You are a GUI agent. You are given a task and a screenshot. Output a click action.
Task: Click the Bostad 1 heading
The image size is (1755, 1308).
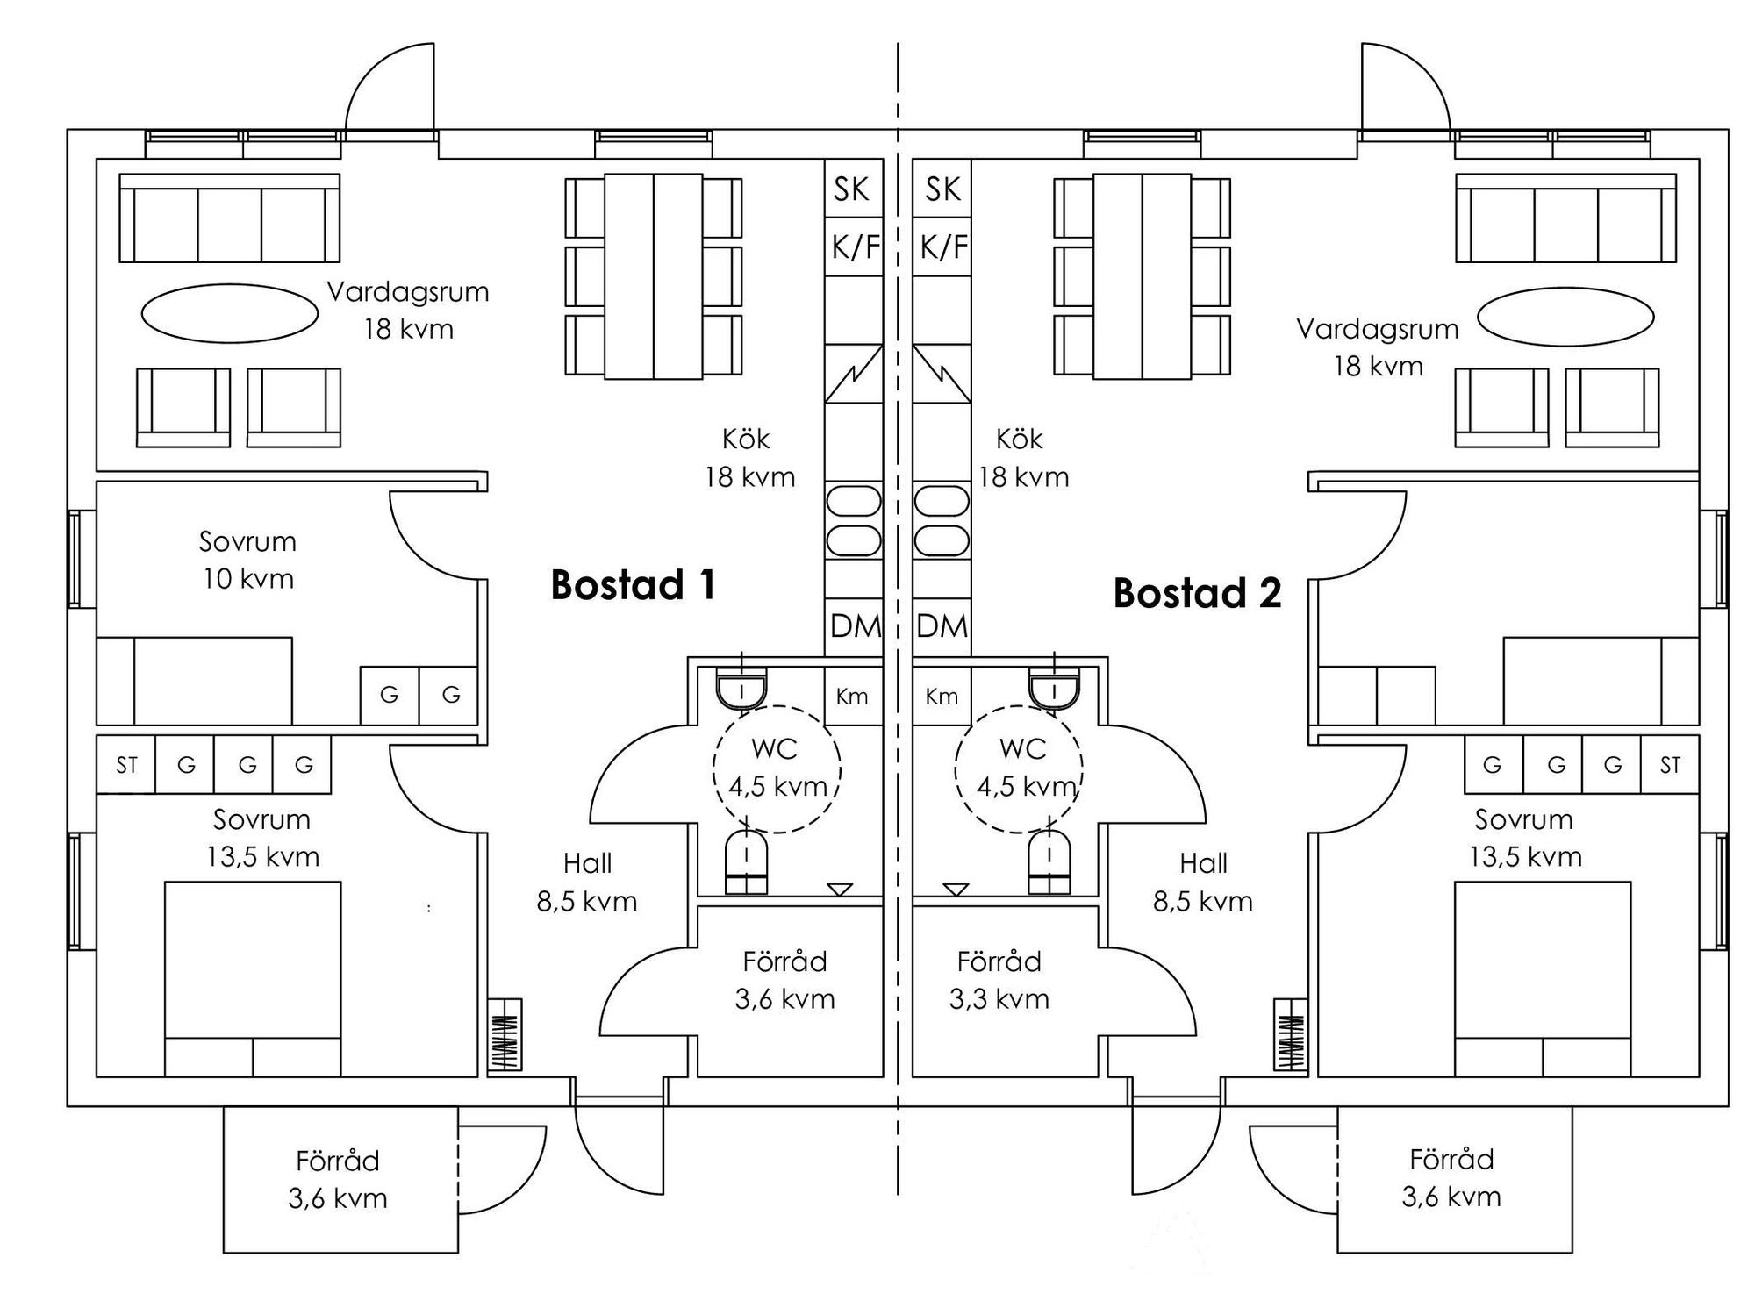coord(633,585)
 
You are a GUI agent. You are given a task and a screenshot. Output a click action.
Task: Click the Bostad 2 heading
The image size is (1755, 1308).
coord(1197,594)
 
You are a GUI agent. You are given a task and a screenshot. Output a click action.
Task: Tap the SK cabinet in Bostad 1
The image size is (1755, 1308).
coord(852,189)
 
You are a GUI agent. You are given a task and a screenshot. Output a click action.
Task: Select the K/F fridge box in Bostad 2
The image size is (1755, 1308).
coord(942,247)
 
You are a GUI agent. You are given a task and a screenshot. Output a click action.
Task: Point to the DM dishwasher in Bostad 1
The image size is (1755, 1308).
coord(855,626)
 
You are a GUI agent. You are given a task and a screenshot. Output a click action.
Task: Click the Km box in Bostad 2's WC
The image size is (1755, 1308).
coord(942,697)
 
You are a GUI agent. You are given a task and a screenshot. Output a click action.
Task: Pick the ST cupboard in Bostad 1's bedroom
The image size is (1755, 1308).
coord(126,765)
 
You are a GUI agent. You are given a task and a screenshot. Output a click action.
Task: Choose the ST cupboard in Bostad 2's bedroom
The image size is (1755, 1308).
coord(1669,765)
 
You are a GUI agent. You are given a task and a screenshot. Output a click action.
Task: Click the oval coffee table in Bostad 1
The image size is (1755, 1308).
coord(230,313)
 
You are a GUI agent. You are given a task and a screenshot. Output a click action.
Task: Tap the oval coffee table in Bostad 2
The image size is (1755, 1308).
coord(1565,317)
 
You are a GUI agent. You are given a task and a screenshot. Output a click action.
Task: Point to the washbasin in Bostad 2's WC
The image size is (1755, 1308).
coord(1054,690)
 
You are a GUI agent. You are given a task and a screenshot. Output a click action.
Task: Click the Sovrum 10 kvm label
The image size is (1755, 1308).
coord(247,560)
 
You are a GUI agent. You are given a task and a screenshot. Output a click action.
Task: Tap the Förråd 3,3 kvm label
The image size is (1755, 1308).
coord(999,980)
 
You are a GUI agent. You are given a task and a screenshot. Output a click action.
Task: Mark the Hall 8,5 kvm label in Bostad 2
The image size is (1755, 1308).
coord(1203,882)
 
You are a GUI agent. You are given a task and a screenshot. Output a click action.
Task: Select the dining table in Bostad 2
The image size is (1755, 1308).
coord(1142,276)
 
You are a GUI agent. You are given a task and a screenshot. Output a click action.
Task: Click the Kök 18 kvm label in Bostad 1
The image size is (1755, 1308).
coord(749,458)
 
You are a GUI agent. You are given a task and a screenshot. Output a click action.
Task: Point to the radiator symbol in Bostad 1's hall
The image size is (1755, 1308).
coord(505,1035)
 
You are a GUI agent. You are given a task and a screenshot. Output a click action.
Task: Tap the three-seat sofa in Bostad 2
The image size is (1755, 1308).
coord(1565,219)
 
